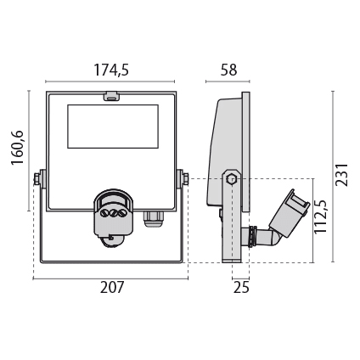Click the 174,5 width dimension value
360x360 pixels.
pos(111,70)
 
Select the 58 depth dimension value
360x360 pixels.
pos(228,70)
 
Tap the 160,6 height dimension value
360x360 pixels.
pos(17,148)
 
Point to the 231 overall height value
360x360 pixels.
pos(341,174)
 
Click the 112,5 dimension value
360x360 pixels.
pos(321,217)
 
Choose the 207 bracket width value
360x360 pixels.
pos(112,288)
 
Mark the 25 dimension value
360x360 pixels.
pos(241,288)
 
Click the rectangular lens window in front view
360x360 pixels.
pos(113,127)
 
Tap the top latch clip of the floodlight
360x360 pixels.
pos(111,96)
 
